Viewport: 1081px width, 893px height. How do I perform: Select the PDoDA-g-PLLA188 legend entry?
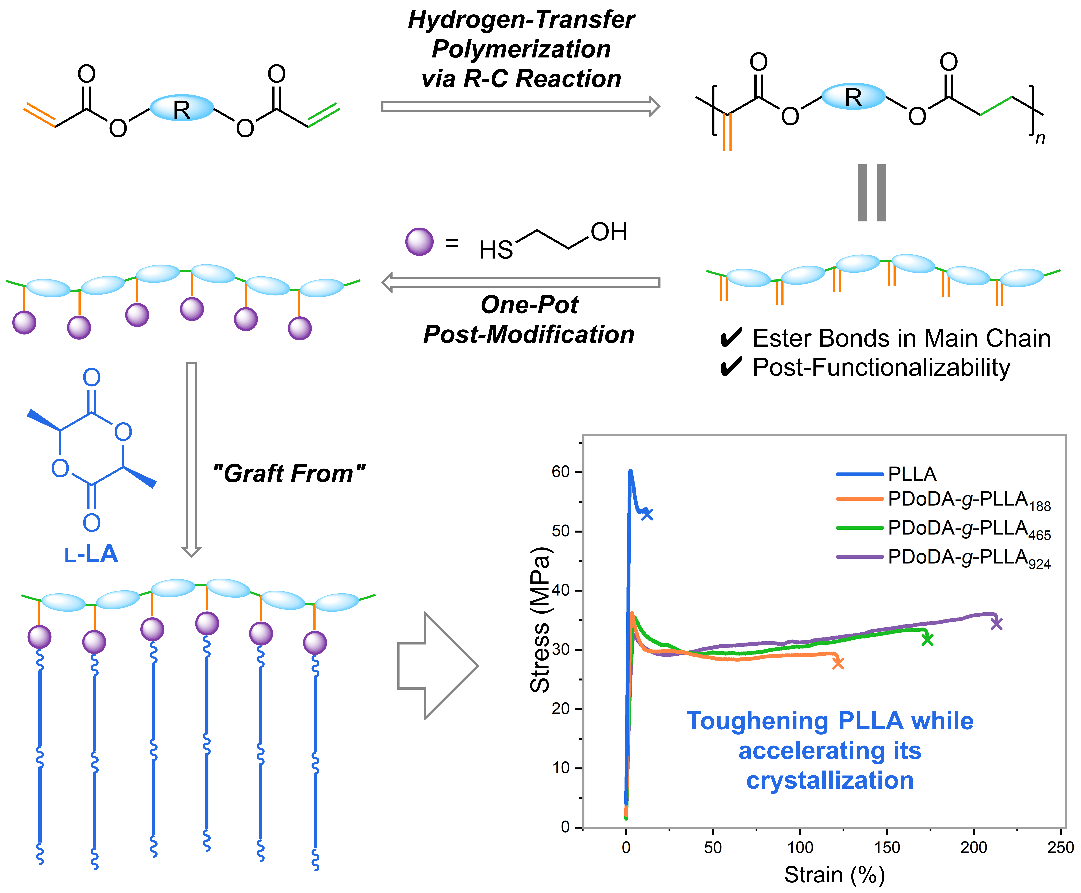[969, 500]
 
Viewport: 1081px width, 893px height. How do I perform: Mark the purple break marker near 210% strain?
[997, 623]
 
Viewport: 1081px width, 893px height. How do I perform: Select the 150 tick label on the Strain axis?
[886, 847]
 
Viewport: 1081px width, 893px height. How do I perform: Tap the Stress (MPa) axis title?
[540, 620]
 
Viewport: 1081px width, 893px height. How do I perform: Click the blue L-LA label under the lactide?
[91, 554]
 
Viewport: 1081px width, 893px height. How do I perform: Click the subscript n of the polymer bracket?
[1040, 138]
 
